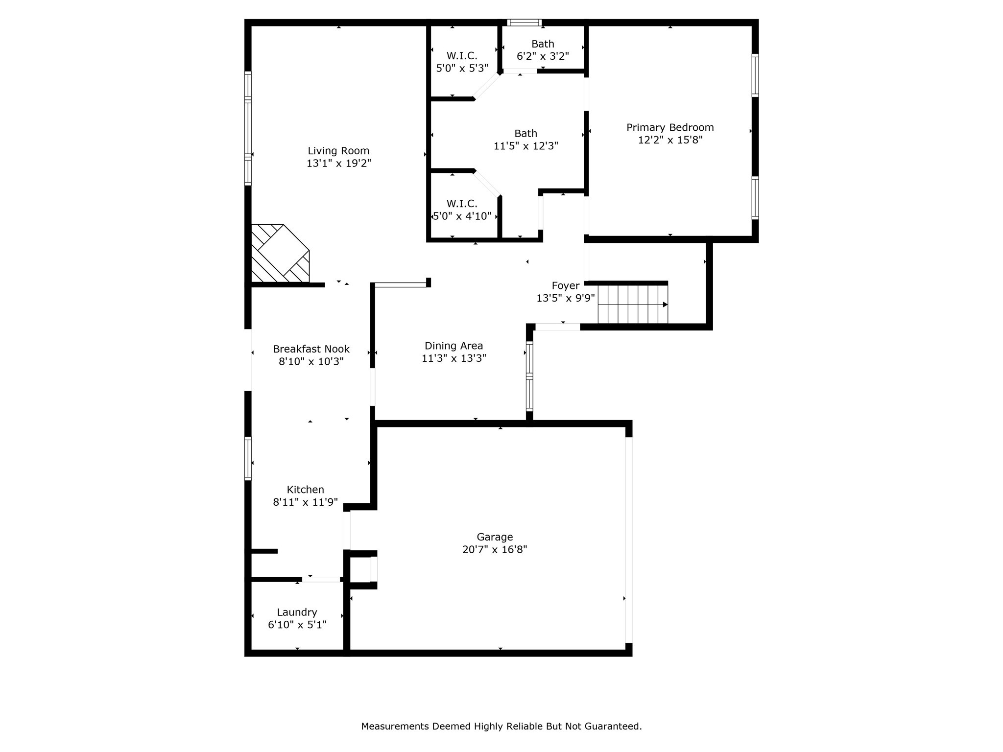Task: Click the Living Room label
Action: pyautogui.click(x=338, y=151)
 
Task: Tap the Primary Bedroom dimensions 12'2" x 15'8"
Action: pyautogui.click(x=670, y=140)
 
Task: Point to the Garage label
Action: pyautogui.click(x=495, y=537)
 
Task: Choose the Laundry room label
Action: pyautogui.click(x=297, y=612)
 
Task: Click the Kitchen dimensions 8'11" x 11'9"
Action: pyautogui.click(x=305, y=502)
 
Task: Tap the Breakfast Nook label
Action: pyautogui.click(x=311, y=349)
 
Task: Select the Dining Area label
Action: pyautogui.click(x=454, y=346)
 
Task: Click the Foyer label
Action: pyautogui.click(x=565, y=285)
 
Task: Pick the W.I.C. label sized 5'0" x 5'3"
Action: pyautogui.click(x=462, y=56)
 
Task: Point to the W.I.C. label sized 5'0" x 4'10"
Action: pyautogui.click(x=462, y=203)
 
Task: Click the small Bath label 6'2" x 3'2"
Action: pyautogui.click(x=543, y=44)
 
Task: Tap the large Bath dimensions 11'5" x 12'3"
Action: pyautogui.click(x=525, y=146)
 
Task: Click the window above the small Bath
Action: pyautogui.click(x=524, y=23)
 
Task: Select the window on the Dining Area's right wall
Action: pyautogui.click(x=529, y=376)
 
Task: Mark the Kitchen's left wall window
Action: pyautogui.click(x=248, y=458)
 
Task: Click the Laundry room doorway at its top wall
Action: pyautogui.click(x=321, y=579)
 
